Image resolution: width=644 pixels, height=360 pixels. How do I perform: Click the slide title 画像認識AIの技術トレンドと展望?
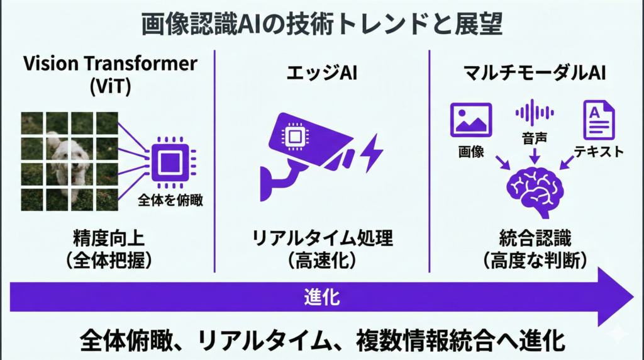[321, 24]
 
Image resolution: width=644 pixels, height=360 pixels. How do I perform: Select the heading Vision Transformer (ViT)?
[110, 74]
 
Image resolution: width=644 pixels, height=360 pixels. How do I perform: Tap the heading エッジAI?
[321, 74]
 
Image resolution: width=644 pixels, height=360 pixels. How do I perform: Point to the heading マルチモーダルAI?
[535, 73]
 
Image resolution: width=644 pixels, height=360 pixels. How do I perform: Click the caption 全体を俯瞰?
[170, 200]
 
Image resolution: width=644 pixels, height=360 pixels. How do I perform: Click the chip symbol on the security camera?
[294, 136]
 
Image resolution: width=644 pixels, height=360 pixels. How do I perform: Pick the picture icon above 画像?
[471, 120]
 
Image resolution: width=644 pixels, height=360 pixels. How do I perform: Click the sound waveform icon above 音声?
[535, 112]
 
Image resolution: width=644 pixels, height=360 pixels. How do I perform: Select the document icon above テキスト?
[599, 120]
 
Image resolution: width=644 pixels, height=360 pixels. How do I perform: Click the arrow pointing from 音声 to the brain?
[535, 156]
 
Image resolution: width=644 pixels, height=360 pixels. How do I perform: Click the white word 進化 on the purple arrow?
[322, 296]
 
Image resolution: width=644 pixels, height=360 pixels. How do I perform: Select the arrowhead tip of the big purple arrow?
[634, 296]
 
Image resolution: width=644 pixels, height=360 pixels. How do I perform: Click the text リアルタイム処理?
[322, 238]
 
